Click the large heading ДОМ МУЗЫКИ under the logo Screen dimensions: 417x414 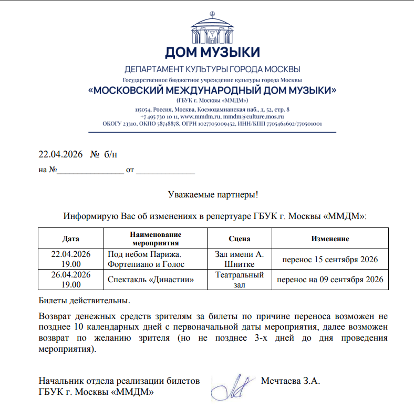(x=212, y=53)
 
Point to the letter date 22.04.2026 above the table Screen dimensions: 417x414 (x=61, y=154)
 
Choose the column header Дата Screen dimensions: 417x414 (x=71, y=239)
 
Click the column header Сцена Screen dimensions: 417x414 (x=240, y=239)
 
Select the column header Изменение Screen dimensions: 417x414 (x=330, y=239)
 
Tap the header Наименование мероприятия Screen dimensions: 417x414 (x=156, y=239)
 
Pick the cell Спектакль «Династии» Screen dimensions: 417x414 (x=150, y=280)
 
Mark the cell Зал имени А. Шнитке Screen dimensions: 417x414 (x=240, y=259)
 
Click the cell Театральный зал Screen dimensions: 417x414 (x=240, y=280)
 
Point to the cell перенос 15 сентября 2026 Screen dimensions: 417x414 (x=330, y=260)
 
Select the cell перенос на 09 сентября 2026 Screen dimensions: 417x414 (x=330, y=280)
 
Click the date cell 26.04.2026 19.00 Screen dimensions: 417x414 (x=71, y=280)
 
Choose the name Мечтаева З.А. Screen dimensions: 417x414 (x=291, y=380)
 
